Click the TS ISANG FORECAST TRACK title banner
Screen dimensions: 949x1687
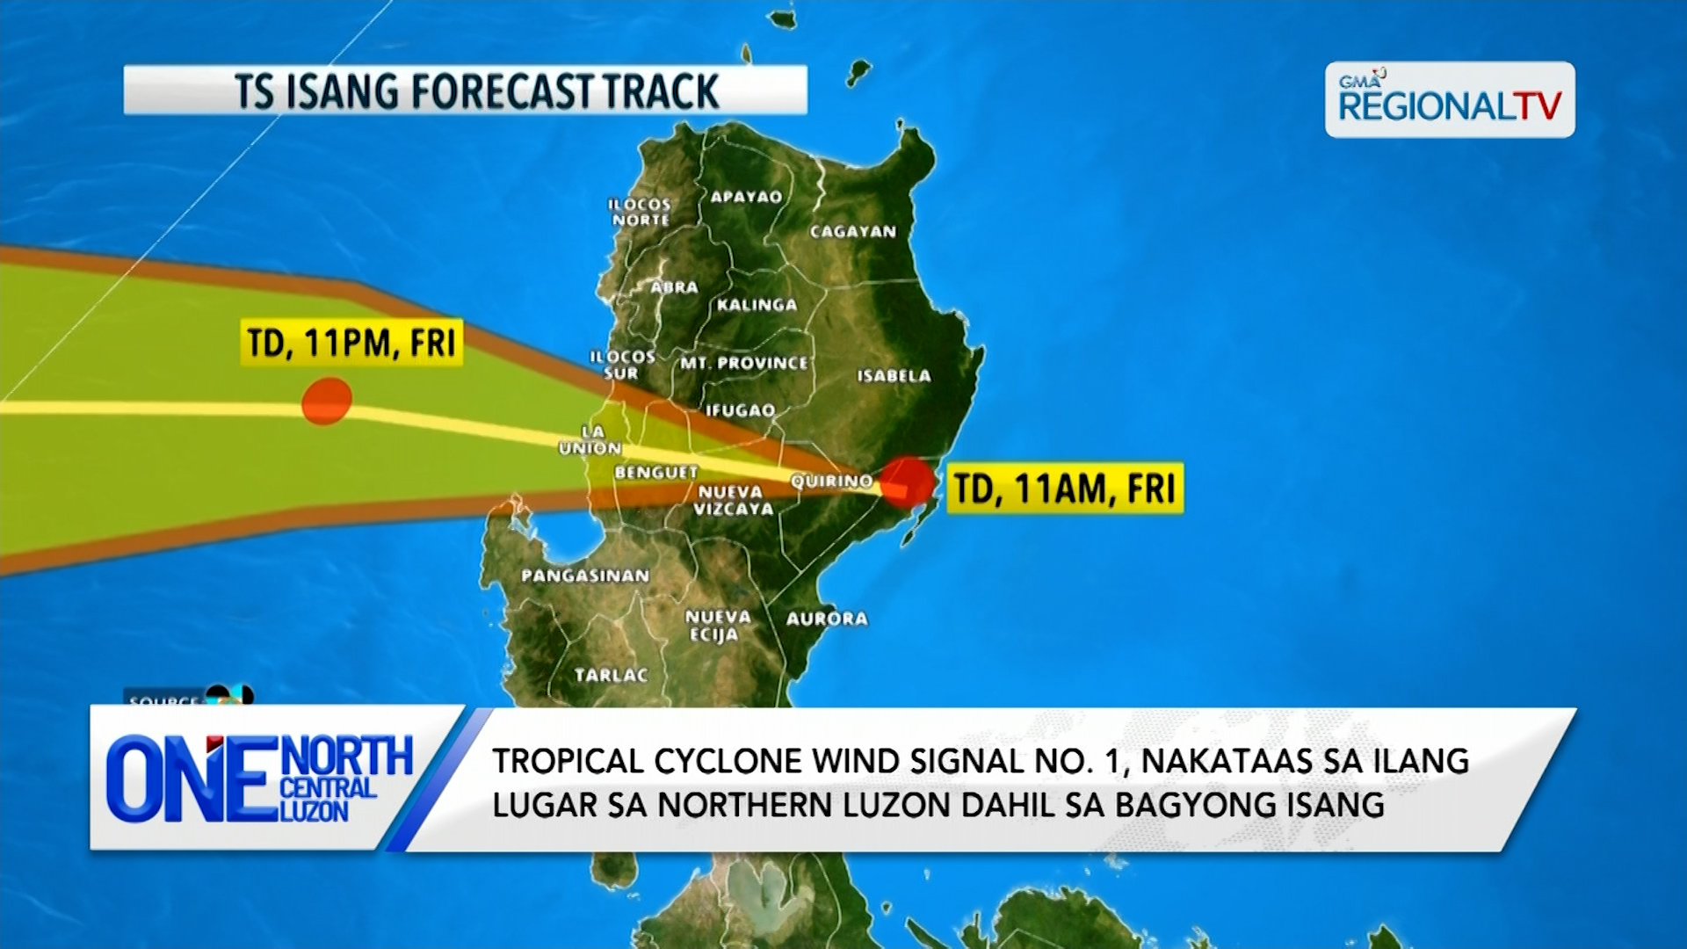(465, 91)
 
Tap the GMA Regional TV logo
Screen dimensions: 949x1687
(1449, 100)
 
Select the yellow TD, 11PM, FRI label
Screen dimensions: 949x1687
(351, 343)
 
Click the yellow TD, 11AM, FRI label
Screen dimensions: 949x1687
(1064, 489)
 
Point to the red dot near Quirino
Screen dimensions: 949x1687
(907, 482)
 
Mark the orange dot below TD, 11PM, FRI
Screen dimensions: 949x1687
(327, 402)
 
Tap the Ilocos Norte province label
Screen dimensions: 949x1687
(641, 212)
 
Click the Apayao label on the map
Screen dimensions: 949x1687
(746, 197)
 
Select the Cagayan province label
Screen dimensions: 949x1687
(852, 232)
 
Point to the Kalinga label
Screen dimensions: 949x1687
(757, 305)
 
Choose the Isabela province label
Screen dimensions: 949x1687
(894, 376)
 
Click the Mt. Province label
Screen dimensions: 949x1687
(743, 363)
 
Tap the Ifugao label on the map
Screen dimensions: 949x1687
(740, 410)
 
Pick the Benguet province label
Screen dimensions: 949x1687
(655, 473)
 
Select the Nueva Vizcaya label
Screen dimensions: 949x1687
(733, 501)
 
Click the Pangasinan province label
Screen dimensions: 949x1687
(585, 576)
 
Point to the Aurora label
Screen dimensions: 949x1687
(827, 619)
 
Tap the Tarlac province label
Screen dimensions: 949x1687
(611, 676)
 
